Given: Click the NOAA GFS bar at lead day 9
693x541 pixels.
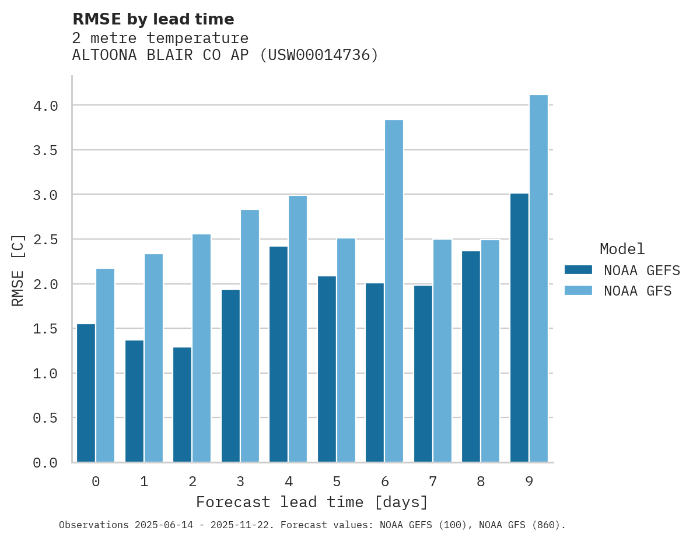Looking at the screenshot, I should (x=538, y=279).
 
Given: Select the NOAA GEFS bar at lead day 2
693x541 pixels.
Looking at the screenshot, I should (x=182, y=405).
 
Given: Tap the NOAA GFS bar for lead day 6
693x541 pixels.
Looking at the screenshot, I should (x=394, y=291).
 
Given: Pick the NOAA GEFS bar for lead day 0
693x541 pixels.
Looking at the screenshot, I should (x=86, y=393).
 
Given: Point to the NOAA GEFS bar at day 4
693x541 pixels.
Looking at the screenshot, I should (x=278, y=354).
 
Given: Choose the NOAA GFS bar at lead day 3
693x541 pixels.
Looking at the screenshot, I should (x=250, y=336).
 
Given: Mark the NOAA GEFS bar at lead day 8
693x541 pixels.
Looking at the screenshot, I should (x=471, y=356).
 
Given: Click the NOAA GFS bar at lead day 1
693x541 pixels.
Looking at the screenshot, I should (x=153, y=358).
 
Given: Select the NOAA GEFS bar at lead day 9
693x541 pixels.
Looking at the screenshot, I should (x=519, y=328).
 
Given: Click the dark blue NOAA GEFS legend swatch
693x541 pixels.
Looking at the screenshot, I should (x=578, y=270).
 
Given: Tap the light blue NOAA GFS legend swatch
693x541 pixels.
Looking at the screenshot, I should (x=578, y=290).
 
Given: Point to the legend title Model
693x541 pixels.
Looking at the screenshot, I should (x=622, y=249).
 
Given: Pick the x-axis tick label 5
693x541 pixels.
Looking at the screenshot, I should (x=337, y=482).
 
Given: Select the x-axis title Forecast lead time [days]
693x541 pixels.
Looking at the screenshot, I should (x=312, y=502).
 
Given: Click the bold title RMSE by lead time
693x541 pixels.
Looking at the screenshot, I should (x=153, y=19).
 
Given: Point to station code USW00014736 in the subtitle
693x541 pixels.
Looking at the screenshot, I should (x=318, y=55).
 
